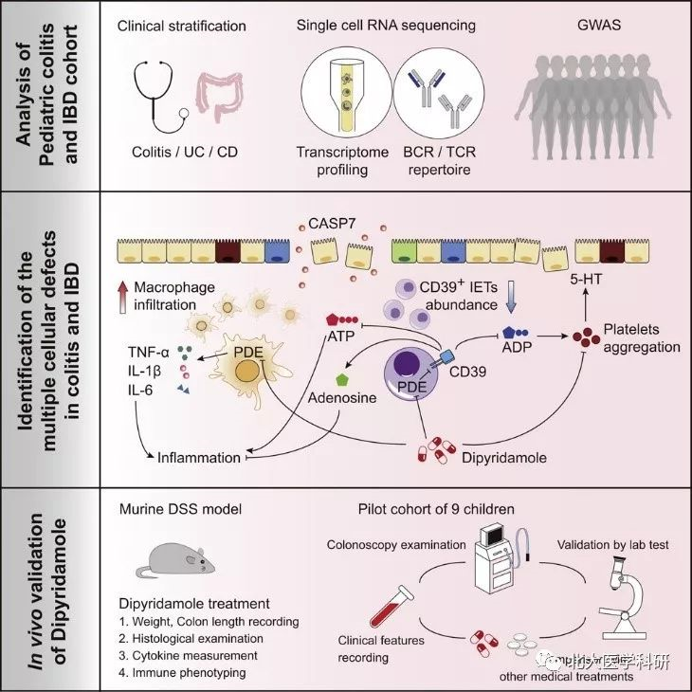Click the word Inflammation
[199, 458]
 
